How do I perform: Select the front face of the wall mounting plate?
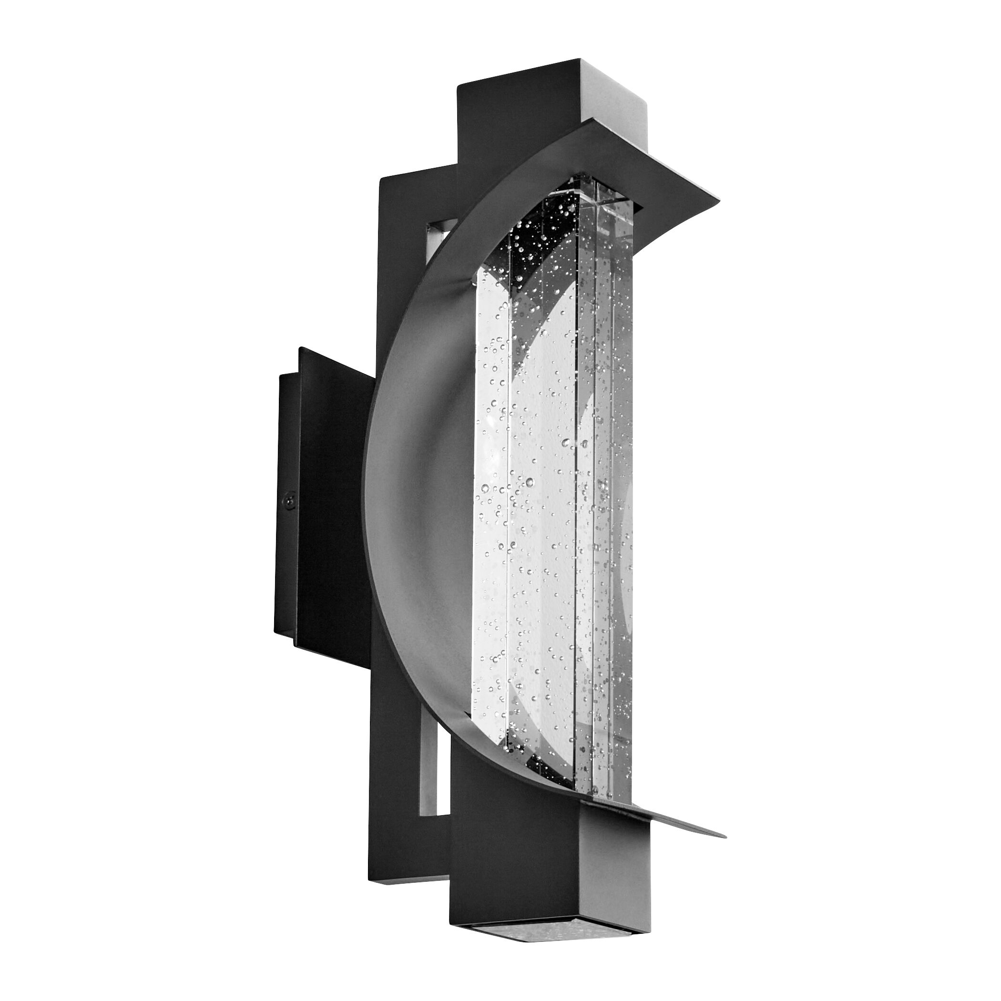click(332, 497)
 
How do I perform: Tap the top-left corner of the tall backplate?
click(382, 179)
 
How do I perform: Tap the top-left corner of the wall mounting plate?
click(299, 348)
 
